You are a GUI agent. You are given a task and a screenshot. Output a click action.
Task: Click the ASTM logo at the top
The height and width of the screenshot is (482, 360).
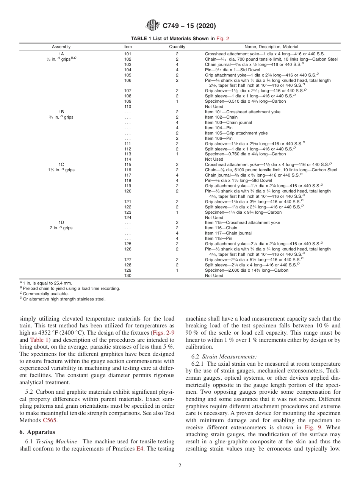click(x=153, y=26)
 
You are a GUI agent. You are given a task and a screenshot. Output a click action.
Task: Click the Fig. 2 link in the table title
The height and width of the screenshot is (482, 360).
click(x=222, y=38)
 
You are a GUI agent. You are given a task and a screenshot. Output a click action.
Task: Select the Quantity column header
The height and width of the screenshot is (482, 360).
click(x=177, y=47)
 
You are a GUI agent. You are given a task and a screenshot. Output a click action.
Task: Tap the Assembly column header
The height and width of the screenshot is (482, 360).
click(x=61, y=47)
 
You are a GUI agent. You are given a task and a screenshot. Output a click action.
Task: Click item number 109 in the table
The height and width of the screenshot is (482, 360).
click(x=128, y=101)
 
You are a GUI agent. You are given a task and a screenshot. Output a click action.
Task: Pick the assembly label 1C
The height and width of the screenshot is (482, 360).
click(x=61, y=164)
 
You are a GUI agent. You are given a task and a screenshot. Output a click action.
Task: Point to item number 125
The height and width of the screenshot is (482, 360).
click(x=128, y=244)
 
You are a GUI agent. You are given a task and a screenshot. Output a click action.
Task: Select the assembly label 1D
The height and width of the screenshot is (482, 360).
click(x=61, y=222)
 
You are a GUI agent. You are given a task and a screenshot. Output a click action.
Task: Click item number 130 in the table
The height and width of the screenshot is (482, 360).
click(x=128, y=275)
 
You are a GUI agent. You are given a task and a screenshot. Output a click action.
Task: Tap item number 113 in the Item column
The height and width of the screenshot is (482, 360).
click(x=128, y=154)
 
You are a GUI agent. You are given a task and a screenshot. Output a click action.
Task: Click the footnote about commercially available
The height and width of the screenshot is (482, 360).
click(x=45, y=294)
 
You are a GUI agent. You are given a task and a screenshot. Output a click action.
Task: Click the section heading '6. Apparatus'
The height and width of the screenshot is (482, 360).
click(x=37, y=432)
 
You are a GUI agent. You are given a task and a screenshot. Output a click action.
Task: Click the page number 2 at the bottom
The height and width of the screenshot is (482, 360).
click(x=180, y=466)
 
